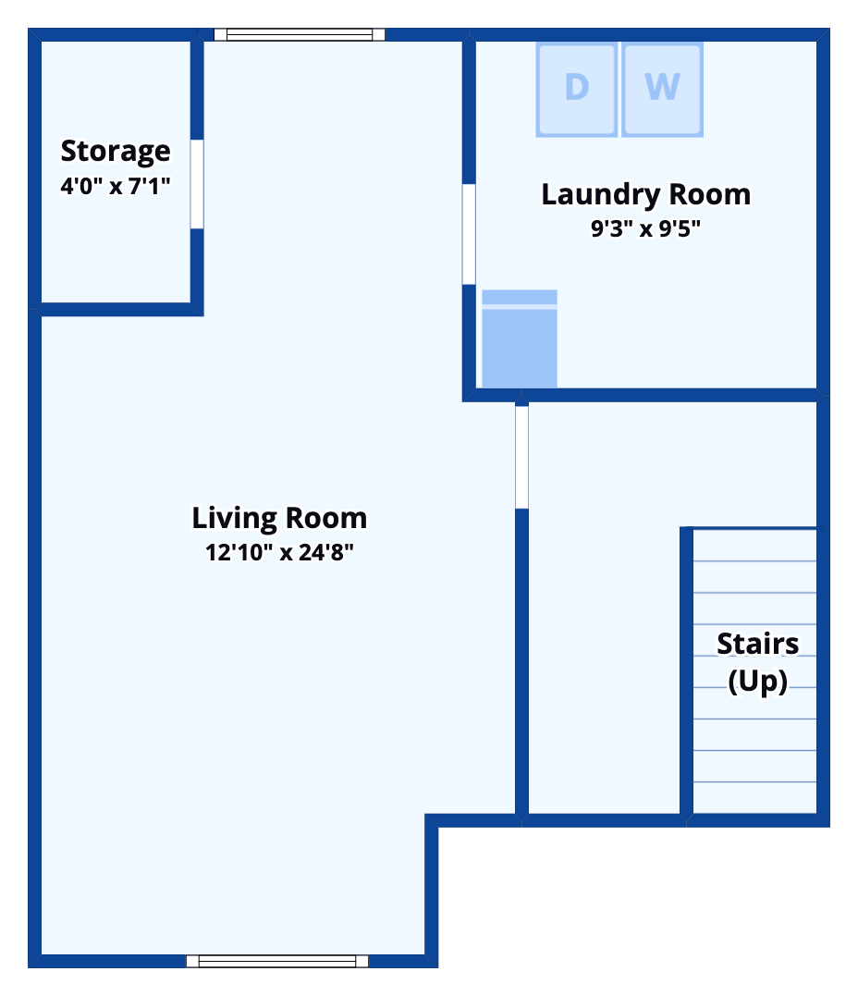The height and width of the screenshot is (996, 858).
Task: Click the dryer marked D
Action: click(x=576, y=89)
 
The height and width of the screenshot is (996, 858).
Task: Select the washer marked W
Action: click(x=662, y=89)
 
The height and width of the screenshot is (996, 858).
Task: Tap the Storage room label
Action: click(x=116, y=151)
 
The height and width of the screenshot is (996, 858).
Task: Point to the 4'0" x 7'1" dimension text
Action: click(x=116, y=186)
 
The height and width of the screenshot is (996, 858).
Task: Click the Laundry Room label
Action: click(x=645, y=195)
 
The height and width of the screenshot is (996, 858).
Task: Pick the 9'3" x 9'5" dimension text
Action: click(x=645, y=228)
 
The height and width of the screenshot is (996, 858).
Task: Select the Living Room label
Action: click(x=279, y=518)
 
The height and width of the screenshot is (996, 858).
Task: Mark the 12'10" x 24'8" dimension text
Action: click(x=279, y=553)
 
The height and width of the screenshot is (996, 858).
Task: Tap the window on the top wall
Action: click(x=300, y=35)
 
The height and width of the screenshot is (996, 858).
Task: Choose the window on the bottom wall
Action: click(x=277, y=961)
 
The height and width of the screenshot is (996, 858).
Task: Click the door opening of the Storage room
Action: click(x=197, y=184)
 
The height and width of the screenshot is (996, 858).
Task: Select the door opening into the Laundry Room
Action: click(x=469, y=234)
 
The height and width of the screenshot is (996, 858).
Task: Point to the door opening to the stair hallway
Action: click(x=521, y=457)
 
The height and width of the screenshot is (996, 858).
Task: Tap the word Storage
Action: click(x=116, y=151)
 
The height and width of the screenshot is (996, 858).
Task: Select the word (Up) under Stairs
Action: click(x=757, y=682)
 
